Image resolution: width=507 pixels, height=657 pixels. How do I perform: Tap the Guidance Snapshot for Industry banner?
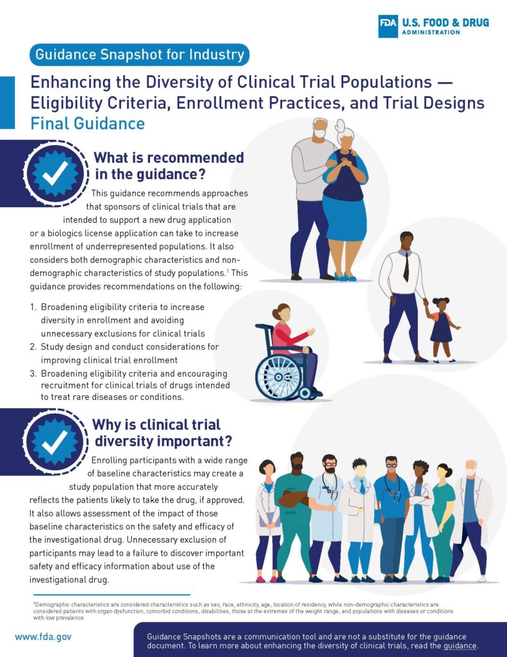pyautogui.click(x=138, y=55)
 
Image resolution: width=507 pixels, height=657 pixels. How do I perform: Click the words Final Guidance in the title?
pyautogui.click(x=87, y=123)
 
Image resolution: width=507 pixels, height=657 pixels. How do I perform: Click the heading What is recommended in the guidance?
pyautogui.click(x=169, y=166)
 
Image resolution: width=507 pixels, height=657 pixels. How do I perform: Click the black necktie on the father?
pyautogui.click(x=406, y=266)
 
